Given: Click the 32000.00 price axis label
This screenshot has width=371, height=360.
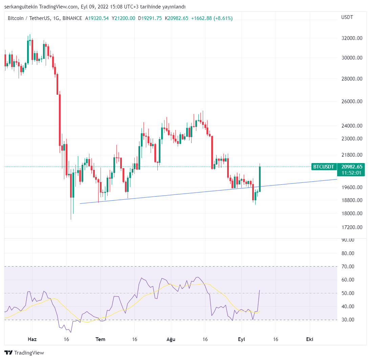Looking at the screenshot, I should coord(352,38).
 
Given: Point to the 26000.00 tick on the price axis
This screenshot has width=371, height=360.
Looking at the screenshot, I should coord(352,102).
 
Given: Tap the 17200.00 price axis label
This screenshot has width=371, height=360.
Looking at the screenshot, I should coord(352,227).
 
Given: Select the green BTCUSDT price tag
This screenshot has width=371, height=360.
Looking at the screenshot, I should coord(323,166).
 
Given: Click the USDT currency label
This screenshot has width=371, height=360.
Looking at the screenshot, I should coord(347,17).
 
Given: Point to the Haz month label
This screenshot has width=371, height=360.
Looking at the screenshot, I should coord(32,339).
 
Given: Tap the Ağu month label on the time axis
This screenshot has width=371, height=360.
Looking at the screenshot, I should coord(171,339).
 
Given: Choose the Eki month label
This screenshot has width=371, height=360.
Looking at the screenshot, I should coord(309,339).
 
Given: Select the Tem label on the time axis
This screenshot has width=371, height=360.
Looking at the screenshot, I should coord(100,339).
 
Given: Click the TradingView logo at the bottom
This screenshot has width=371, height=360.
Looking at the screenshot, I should coord(24,353).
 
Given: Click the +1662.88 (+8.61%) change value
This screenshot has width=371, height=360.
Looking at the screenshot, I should coord(212,18).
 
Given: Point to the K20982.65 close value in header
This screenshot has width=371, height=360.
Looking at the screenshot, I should coord(176,18).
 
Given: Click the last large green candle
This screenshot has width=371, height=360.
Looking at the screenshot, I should coord(260,179).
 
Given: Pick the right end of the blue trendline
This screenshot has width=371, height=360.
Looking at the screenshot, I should coord(336,179).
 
